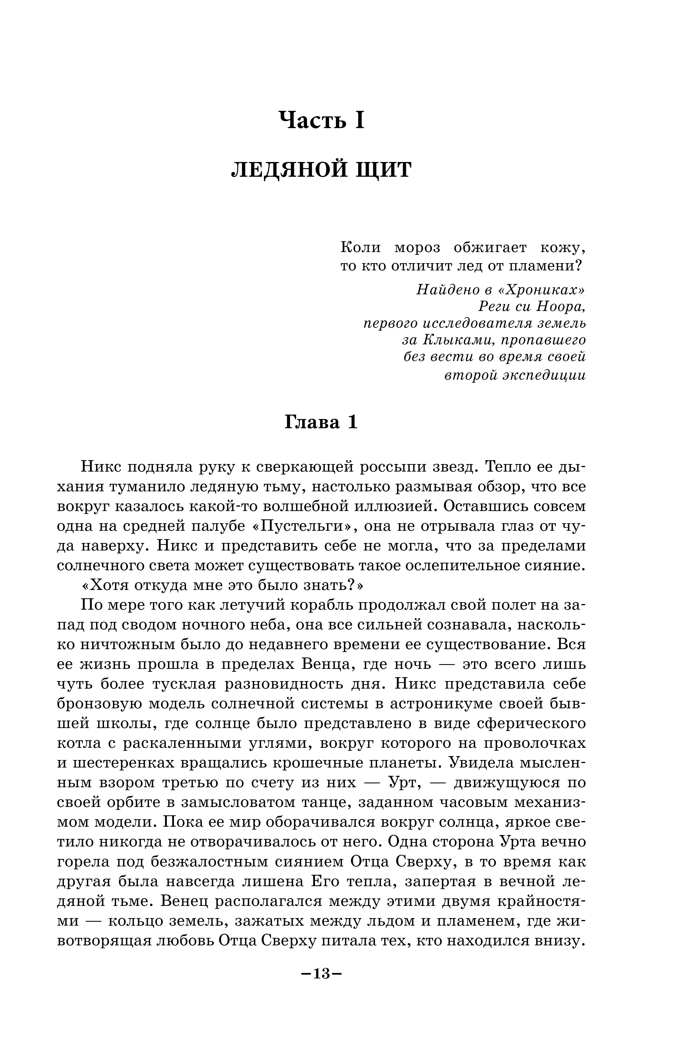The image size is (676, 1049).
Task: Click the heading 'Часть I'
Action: [322, 120]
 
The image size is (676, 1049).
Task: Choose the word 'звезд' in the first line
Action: [454, 467]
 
